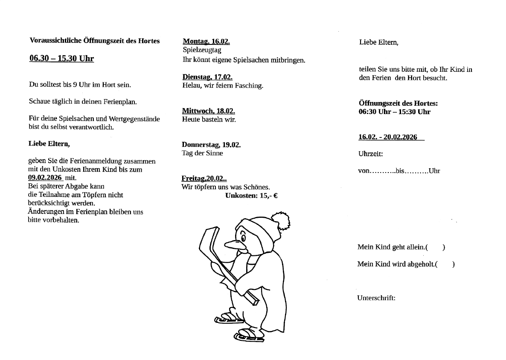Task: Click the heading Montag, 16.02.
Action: click(206, 41)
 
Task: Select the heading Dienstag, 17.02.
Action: click(207, 77)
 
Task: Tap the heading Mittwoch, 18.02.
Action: click(208, 111)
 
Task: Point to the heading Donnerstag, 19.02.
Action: click(211, 144)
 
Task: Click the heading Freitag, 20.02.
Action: click(204, 179)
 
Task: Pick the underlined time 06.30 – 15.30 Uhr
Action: click(61, 59)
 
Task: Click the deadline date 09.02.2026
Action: click(45, 178)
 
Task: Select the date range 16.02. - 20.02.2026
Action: click(388, 137)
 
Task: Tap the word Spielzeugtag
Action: click(202, 50)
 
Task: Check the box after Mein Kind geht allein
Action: click(436, 247)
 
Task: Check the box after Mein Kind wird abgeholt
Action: click(445, 264)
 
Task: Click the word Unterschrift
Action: click(376, 298)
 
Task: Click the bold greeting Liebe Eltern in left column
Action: click(49, 144)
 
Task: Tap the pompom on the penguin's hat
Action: click(280, 221)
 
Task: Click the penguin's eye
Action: click(243, 236)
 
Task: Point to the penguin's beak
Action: click(234, 244)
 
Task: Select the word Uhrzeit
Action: click(370, 154)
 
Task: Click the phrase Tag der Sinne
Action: click(202, 153)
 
